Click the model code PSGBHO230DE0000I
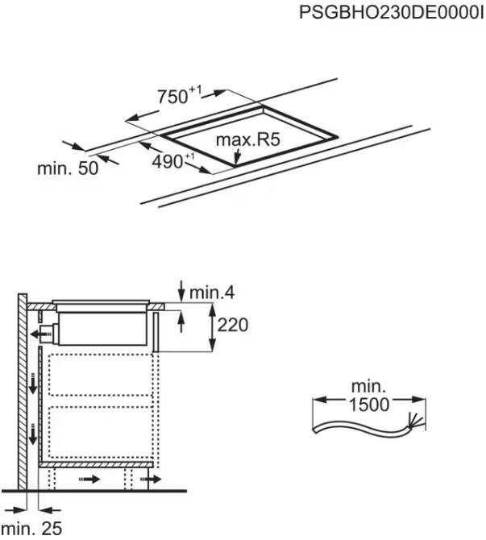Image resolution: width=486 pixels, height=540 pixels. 392,13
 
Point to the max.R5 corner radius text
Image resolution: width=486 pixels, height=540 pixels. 247,139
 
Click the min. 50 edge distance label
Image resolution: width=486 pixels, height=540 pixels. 68,168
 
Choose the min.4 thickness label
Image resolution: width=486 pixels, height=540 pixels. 212,293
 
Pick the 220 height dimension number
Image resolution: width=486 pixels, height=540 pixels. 232,325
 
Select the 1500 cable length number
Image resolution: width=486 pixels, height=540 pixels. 369,405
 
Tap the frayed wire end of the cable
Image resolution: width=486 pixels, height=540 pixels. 414,422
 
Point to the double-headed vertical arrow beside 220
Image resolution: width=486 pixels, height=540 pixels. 212,327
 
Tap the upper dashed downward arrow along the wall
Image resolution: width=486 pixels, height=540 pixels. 33,383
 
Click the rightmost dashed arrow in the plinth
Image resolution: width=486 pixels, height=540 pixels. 151,479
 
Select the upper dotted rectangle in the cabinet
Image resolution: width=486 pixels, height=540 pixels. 101,375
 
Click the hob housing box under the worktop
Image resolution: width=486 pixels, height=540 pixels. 102,328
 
